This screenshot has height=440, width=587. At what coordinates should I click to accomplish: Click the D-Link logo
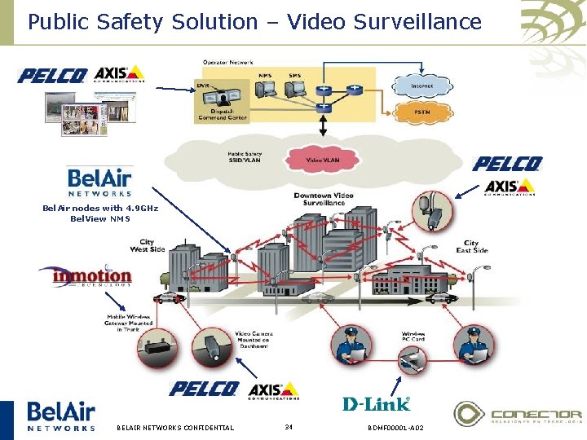376,403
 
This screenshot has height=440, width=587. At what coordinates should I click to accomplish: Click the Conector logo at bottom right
518,414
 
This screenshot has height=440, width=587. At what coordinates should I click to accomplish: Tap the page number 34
289,427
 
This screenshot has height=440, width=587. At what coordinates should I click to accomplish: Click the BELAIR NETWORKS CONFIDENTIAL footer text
175,428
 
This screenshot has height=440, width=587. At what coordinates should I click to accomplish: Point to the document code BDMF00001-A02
395,428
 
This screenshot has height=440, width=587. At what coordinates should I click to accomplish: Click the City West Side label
147,245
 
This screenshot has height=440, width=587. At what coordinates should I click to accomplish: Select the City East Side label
471,246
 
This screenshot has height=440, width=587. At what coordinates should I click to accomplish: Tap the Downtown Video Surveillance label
324,200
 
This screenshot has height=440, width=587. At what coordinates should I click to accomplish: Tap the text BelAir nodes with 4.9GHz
99,208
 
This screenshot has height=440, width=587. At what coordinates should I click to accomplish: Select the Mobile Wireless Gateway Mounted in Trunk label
126,323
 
